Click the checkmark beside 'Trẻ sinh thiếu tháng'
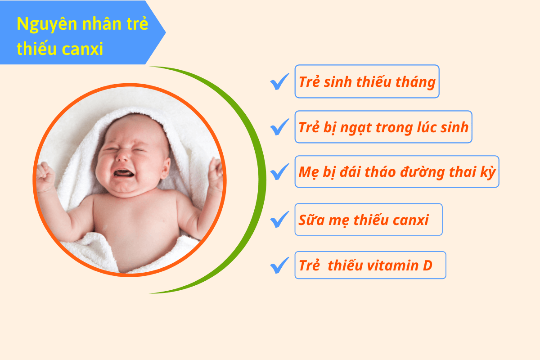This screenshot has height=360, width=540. click(x=279, y=82)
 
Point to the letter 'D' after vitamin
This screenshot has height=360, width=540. click(x=427, y=265)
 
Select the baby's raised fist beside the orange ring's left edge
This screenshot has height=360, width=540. click(x=44, y=173)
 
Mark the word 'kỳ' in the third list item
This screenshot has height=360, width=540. click(x=489, y=172)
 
